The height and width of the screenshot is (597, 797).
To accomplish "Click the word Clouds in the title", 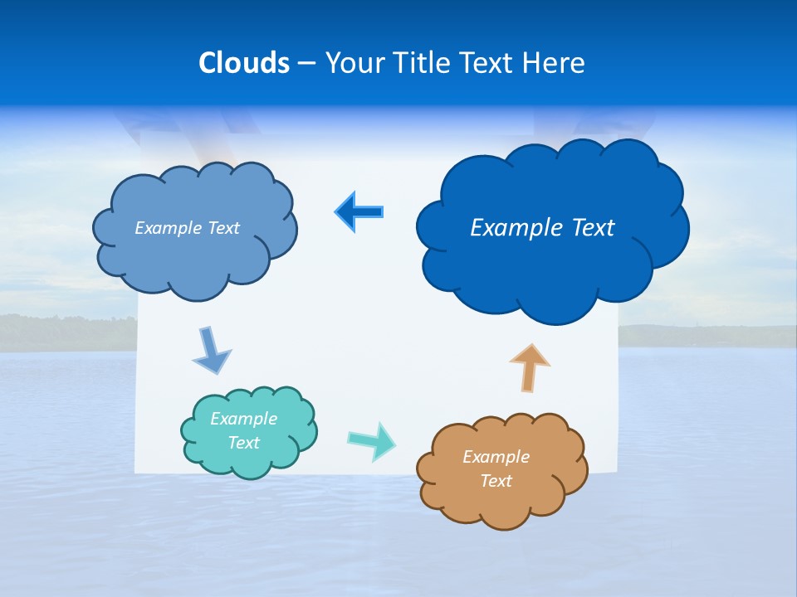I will (x=244, y=63).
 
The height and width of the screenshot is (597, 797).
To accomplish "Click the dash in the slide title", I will (x=306, y=64).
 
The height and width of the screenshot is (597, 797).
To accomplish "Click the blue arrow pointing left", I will (x=359, y=212).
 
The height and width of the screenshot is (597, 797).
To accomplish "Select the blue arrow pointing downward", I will (x=211, y=350).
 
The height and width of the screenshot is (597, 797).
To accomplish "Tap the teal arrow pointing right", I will (x=372, y=440).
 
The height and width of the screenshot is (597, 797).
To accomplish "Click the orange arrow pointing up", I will (x=530, y=367).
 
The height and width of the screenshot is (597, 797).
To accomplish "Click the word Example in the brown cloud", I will (x=496, y=457).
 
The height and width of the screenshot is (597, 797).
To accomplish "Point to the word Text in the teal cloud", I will (x=244, y=443).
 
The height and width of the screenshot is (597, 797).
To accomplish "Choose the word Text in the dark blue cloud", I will (x=588, y=228).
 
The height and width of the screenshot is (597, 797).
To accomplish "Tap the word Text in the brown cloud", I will (x=496, y=481).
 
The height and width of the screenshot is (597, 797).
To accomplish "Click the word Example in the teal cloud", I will (x=244, y=419).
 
